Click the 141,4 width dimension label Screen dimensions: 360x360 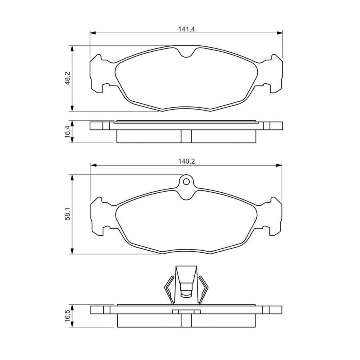(x=186, y=29)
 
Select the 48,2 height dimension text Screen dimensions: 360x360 (x=68, y=78)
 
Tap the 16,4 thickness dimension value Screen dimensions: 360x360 (x=68, y=132)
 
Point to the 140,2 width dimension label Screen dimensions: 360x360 (x=186, y=162)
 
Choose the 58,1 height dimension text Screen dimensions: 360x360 (x=68, y=214)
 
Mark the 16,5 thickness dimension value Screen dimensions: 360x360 (x=68, y=316)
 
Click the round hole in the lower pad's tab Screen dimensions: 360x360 (x=186, y=182)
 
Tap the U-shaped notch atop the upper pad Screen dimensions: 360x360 (x=186, y=52)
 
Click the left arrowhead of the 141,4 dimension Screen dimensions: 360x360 (x=93, y=33)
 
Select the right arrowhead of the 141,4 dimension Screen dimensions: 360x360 (x=280, y=33)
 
